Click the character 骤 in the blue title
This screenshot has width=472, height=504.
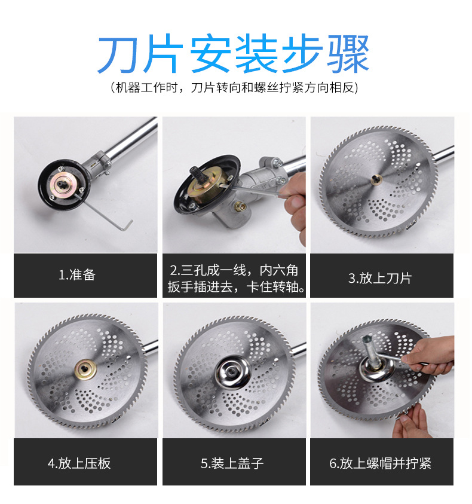click(x=348, y=54)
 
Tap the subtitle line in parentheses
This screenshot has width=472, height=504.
click(x=234, y=87)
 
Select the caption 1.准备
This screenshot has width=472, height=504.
click(x=77, y=275)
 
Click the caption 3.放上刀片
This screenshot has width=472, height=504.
click(x=380, y=278)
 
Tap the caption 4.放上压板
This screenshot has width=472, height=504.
click(x=79, y=463)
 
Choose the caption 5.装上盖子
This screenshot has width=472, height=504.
click(x=232, y=463)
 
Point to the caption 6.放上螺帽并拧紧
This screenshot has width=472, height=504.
click(x=381, y=463)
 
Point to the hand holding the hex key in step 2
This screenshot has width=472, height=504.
click(x=294, y=206)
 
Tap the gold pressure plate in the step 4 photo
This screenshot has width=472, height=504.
click(x=85, y=369)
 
